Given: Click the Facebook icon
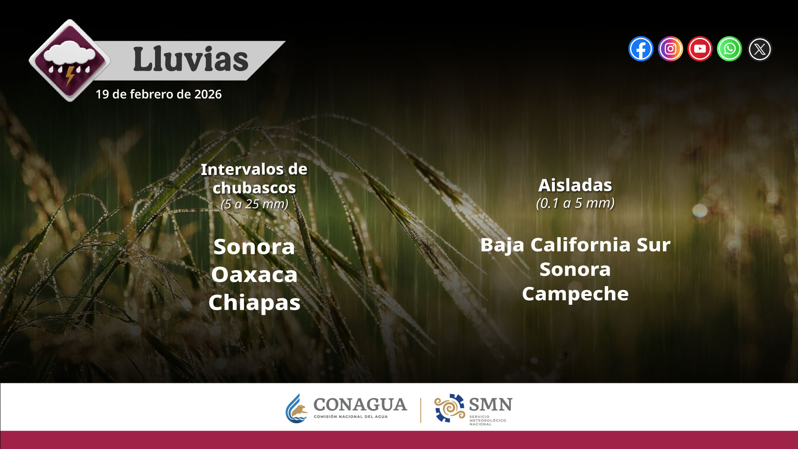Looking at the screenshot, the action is pos(641,49).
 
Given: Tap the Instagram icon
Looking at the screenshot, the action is pos(670,49).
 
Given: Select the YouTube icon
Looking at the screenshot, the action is pos(700,49).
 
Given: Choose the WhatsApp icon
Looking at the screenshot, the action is pos(729,49).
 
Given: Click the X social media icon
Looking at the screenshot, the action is pos(759,49).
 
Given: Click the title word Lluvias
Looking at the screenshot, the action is pos(191,59).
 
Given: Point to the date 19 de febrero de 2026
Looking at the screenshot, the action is pos(158,94).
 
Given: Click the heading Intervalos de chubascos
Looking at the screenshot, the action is pos(254,178).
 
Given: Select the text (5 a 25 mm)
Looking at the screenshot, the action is pos(254,204).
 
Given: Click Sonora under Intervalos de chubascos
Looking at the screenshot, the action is pos(254,247).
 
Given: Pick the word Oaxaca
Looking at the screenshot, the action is pos(254,275).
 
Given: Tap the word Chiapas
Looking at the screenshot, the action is pos(254,303).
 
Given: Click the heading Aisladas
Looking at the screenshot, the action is pos(575,185).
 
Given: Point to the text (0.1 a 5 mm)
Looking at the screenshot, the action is pos(575,203).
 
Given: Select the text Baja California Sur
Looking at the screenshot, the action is pos(575,245).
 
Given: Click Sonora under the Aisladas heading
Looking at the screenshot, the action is pos(575,269).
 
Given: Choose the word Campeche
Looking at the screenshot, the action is pos(575,294).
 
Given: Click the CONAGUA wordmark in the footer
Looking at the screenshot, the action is pos(360,405).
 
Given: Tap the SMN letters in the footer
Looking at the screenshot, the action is pos(490,405).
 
